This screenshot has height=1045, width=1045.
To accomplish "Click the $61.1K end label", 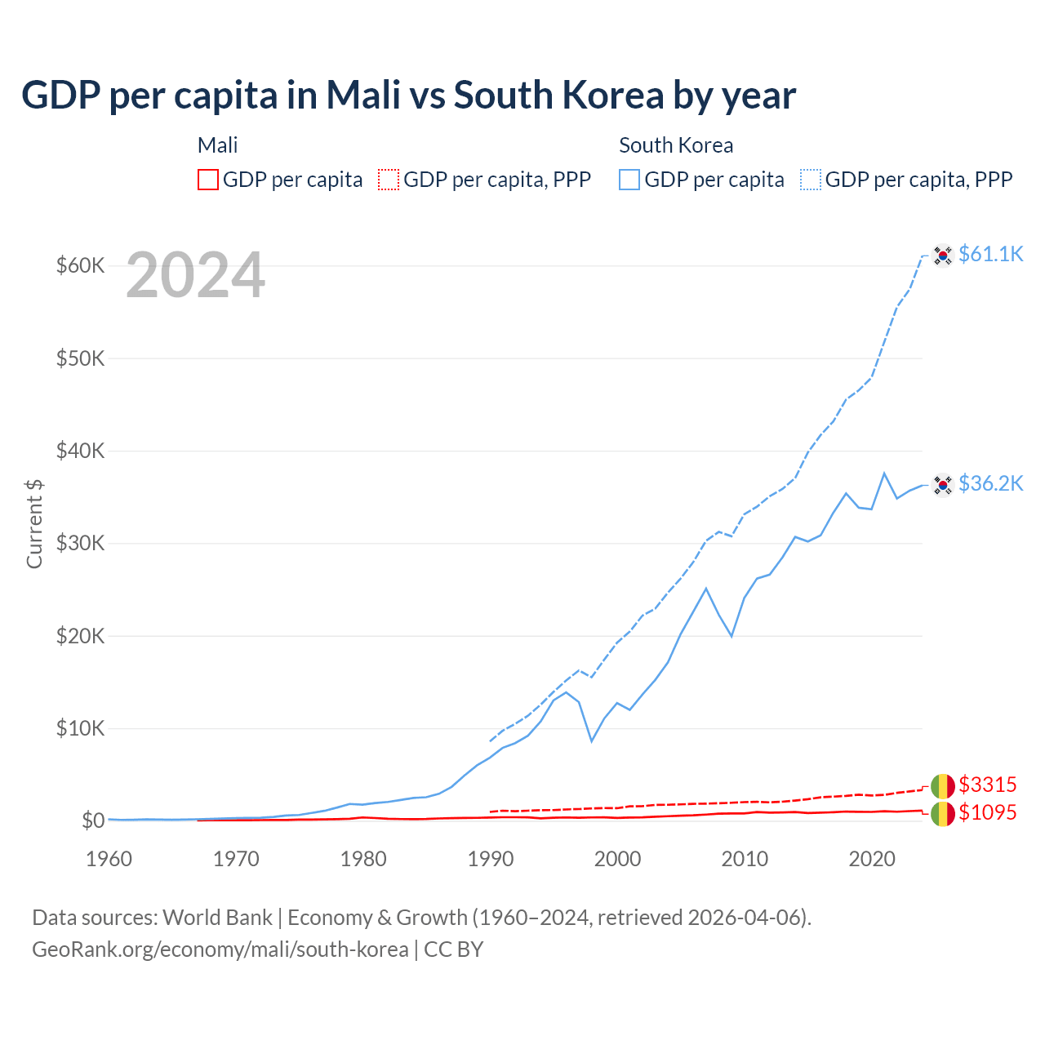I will (990, 254).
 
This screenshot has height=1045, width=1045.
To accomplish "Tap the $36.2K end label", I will (990, 483).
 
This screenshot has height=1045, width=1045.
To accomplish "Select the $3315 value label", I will (987, 785).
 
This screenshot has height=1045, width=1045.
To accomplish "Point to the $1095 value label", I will (987, 812).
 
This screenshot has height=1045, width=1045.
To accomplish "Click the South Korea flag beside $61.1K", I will (943, 256).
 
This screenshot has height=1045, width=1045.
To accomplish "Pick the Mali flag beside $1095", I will (943, 813).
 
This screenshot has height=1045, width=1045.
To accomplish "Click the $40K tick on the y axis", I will (80, 451).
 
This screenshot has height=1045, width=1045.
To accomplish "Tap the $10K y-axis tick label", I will (80, 728).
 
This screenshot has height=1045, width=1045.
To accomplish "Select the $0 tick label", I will (93, 820).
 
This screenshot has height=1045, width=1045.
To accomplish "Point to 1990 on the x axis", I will (491, 859).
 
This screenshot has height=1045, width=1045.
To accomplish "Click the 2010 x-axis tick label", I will (745, 859).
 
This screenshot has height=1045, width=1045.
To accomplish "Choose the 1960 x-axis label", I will (109, 859).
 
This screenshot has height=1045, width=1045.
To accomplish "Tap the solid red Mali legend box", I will (208, 180).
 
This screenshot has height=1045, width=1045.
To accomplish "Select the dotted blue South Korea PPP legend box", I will (811, 180).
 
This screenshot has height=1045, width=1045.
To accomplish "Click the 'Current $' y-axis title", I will (34, 524).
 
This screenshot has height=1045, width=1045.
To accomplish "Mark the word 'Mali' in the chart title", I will (363, 96).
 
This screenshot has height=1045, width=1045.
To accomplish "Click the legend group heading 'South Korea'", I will (676, 145).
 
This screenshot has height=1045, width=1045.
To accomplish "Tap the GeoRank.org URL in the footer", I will (220, 949).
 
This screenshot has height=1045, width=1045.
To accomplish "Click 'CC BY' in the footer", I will (454, 949).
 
